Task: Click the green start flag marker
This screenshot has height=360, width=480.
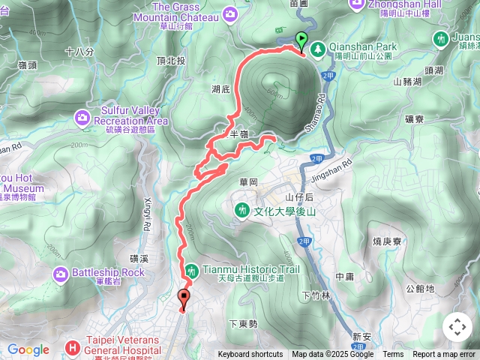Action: (x=301, y=40)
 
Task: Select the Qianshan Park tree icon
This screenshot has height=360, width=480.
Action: (x=317, y=47)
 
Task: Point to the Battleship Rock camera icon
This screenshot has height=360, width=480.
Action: (x=61, y=273)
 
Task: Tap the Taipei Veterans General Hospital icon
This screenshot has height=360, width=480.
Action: (x=72, y=346)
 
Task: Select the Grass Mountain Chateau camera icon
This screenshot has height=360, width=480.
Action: (x=229, y=13)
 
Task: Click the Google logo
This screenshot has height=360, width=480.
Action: (x=28, y=349)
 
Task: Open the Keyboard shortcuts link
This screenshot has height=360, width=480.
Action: (x=250, y=355)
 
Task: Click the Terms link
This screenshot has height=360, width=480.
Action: (x=393, y=355)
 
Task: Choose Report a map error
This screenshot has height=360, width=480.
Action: (x=445, y=355)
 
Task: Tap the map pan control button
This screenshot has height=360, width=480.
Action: (x=457, y=327)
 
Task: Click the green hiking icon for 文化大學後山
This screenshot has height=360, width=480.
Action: (x=241, y=211)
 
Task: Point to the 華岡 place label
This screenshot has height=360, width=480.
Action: (x=249, y=181)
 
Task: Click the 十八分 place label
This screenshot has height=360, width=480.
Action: (x=79, y=52)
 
